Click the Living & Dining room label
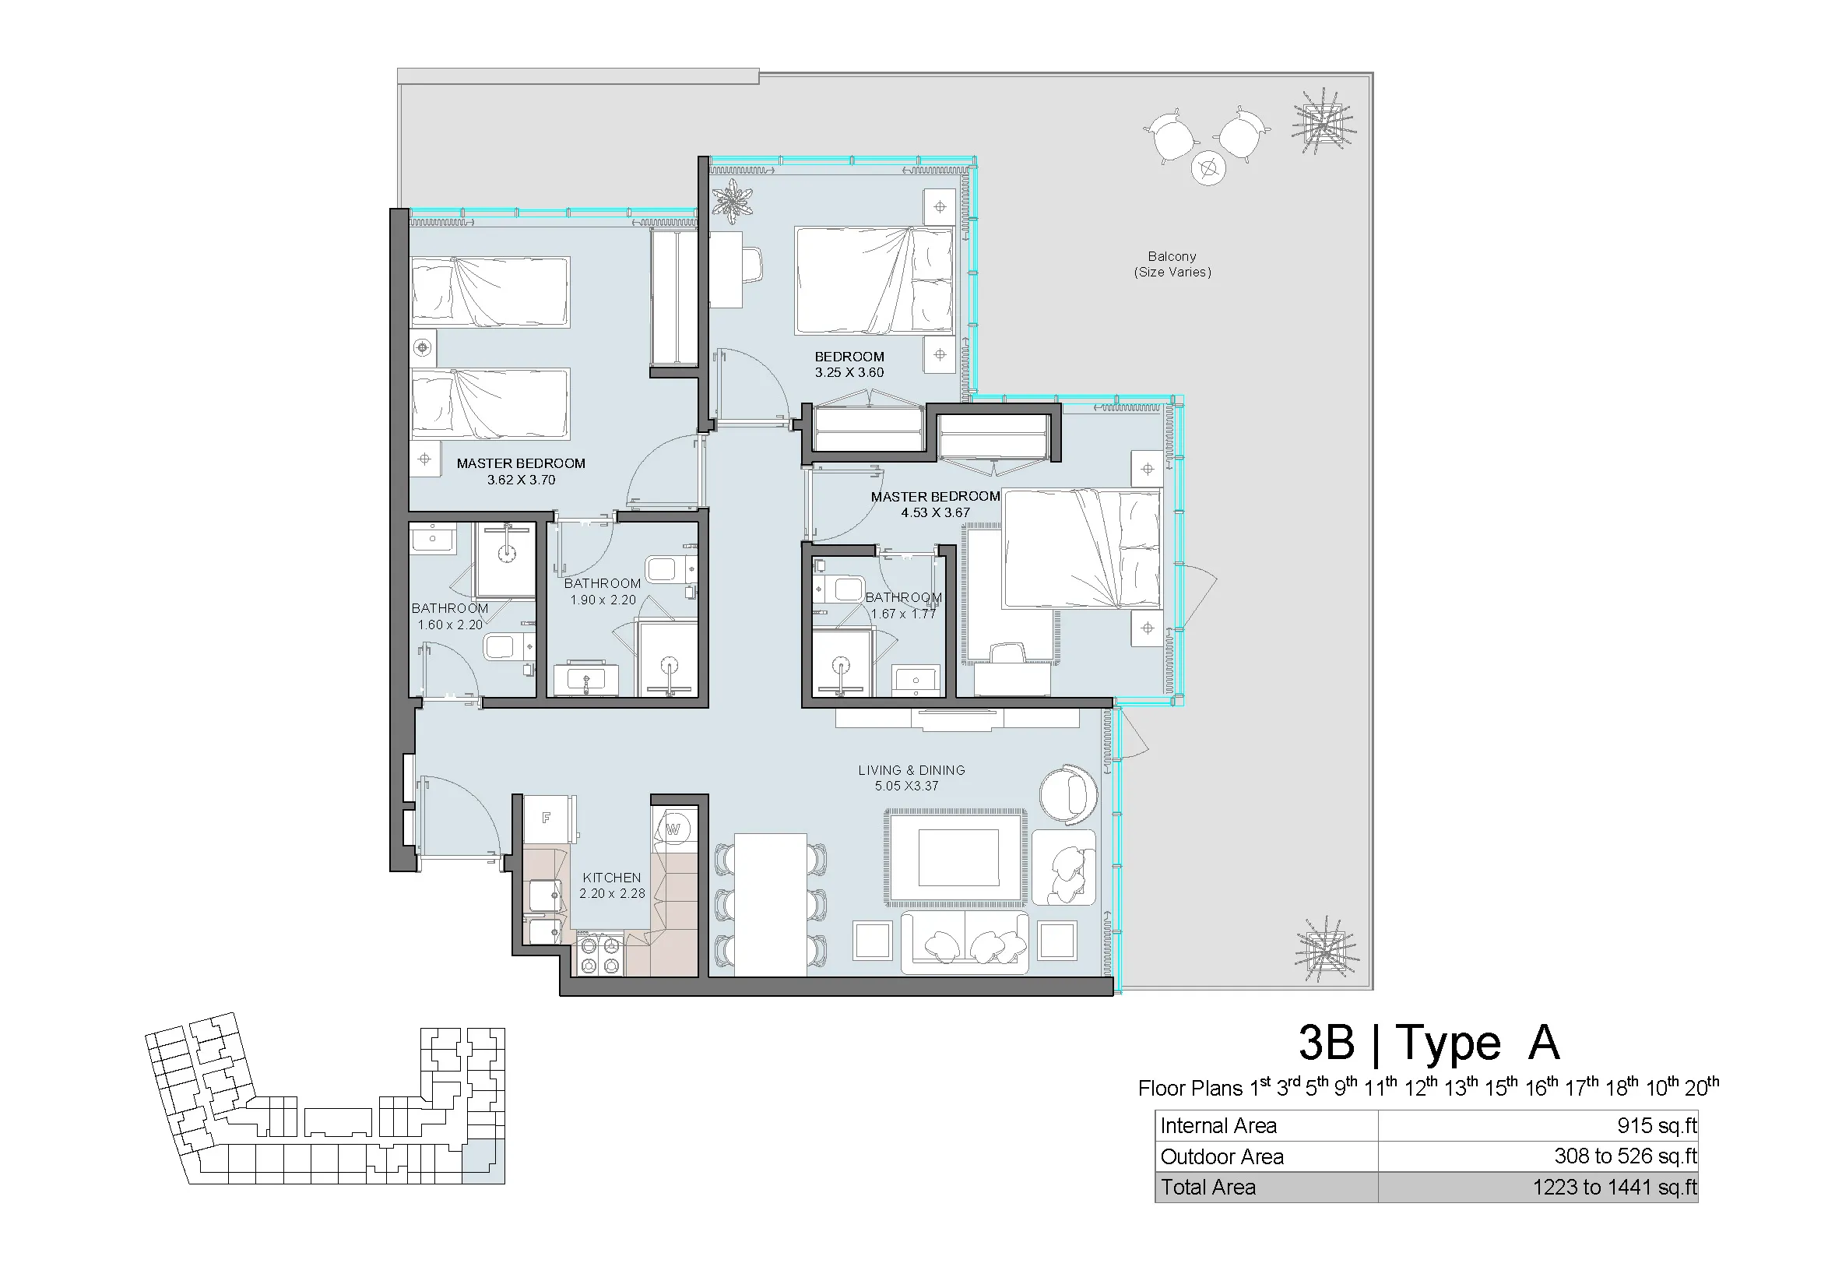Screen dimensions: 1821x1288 [912, 770]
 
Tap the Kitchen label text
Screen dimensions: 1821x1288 [611, 878]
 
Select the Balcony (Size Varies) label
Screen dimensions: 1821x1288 [1172, 264]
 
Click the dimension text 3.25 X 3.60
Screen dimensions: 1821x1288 [849, 373]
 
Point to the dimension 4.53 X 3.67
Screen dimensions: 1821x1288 [935, 513]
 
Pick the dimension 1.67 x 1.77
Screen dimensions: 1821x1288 [903, 614]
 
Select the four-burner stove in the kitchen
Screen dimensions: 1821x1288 [599, 955]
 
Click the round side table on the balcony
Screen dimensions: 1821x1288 [1208, 168]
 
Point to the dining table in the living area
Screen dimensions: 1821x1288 [770, 904]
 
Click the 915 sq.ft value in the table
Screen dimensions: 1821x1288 [1658, 1125]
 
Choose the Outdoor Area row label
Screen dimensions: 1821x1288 [1222, 1156]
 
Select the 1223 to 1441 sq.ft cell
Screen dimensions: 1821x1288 [1615, 1188]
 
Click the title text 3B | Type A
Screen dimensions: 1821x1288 [1429, 1042]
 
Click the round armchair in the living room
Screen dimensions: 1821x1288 [1069, 795]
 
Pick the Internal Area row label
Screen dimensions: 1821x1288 [1218, 1125]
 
